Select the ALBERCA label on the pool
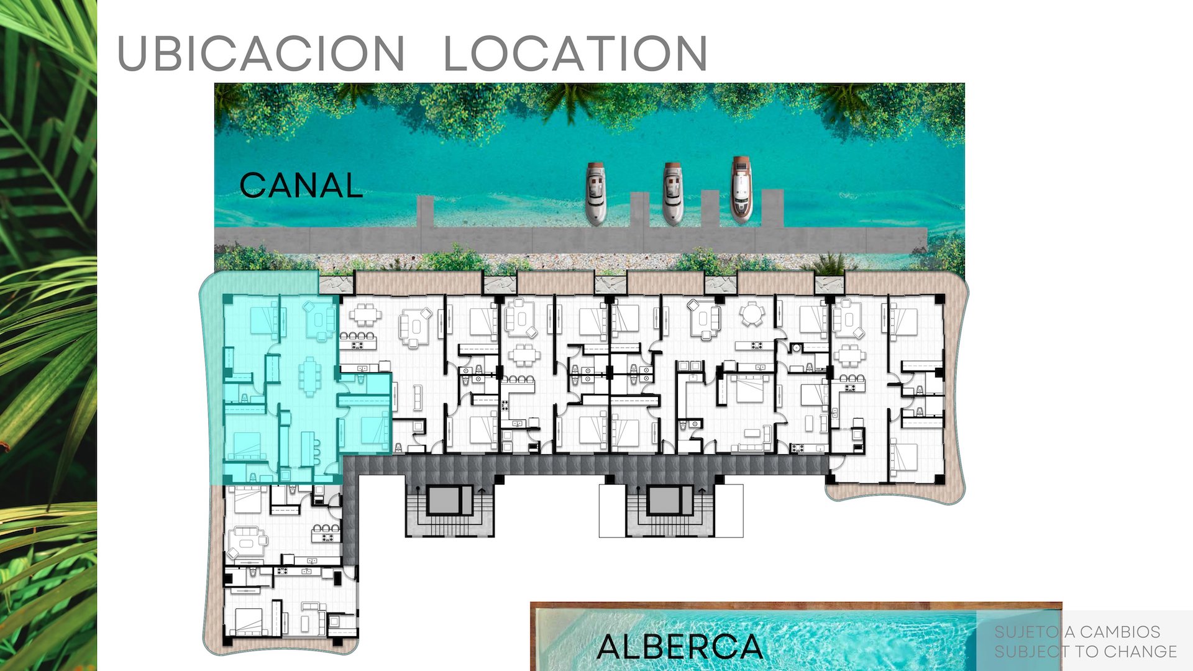680,647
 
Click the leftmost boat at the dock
595,193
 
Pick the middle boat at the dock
672,193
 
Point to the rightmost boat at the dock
741,189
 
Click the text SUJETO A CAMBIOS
1077,632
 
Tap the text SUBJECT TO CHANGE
1085,652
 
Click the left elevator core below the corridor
449,501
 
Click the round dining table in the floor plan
752,314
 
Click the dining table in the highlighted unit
309,377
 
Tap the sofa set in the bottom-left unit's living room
247,542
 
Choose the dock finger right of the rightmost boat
772,208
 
